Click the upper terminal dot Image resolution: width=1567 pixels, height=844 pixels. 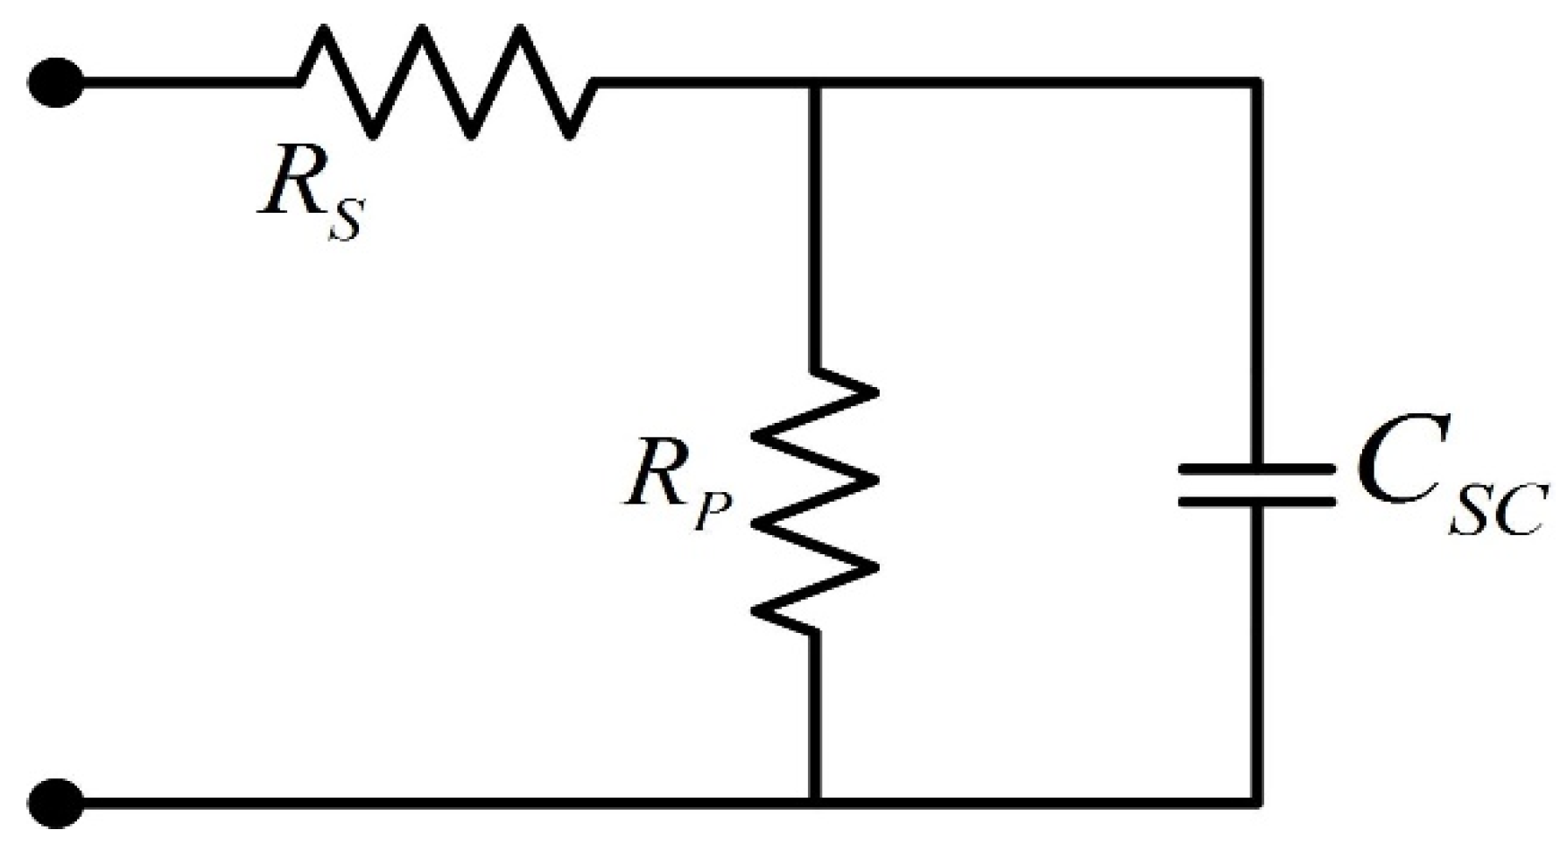click(56, 84)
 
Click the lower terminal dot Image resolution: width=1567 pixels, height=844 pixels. click(56, 802)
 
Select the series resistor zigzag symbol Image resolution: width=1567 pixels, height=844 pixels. click(446, 82)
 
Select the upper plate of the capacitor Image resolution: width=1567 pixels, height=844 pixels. click(1257, 470)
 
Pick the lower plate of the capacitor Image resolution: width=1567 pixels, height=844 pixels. click(1257, 502)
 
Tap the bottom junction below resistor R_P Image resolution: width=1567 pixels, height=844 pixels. click(816, 800)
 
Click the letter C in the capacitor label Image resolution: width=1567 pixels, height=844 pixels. click(1392, 478)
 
